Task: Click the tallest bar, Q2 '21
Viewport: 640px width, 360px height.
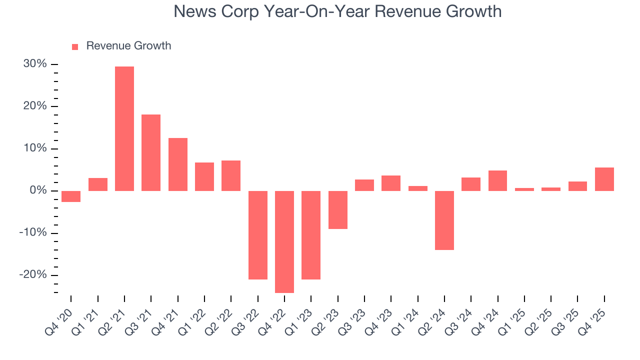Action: (124, 128)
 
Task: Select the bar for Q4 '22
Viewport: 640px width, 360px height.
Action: (284, 241)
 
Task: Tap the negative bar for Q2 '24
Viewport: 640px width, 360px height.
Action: (444, 220)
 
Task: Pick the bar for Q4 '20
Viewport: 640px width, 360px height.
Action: (71, 196)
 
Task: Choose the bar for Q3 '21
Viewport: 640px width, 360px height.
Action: (151, 152)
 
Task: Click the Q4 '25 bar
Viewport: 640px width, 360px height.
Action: (604, 179)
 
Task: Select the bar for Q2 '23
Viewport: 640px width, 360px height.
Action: (338, 210)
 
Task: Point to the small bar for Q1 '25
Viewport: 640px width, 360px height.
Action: (524, 189)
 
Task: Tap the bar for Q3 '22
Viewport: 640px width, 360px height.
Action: (258, 235)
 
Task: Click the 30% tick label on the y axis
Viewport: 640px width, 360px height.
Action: (35, 64)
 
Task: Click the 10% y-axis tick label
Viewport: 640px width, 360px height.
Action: (35, 148)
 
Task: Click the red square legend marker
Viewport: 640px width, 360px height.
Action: (75, 46)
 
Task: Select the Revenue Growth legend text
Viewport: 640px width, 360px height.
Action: (128, 46)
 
